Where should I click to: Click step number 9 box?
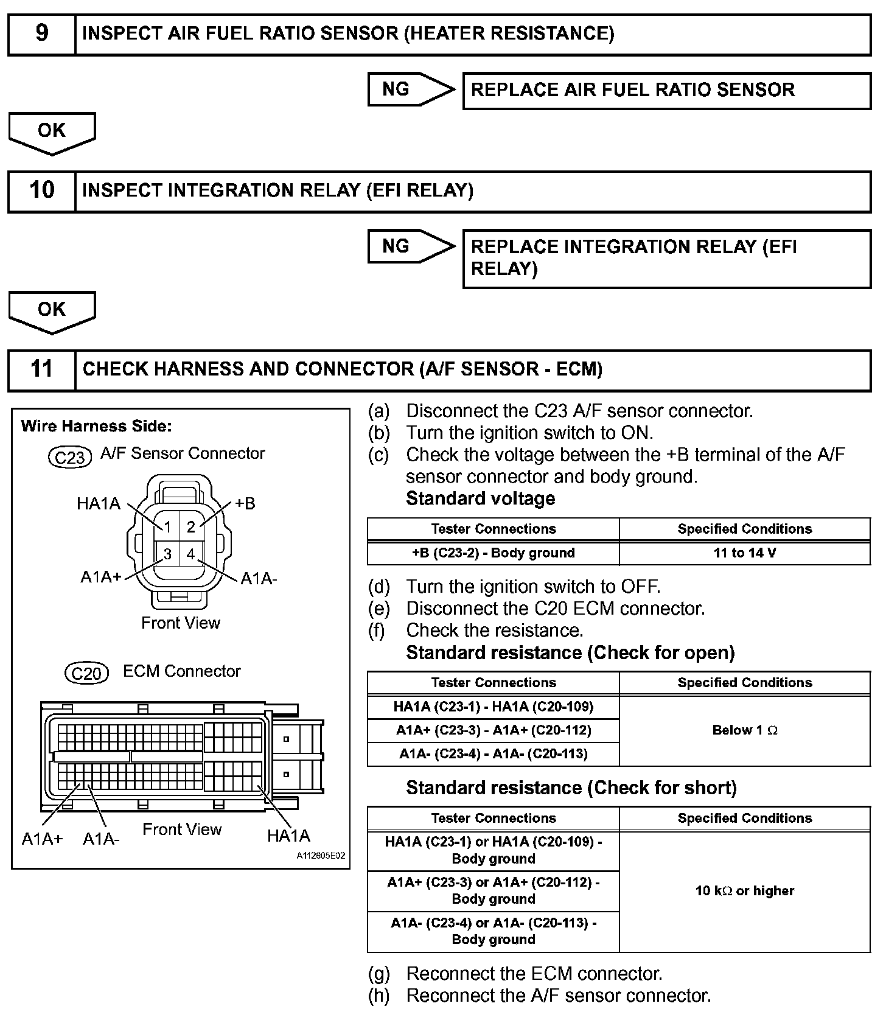click(x=41, y=34)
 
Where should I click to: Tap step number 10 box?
click(x=41, y=191)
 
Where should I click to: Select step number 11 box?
click(x=41, y=369)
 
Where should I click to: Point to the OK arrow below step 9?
click(x=52, y=132)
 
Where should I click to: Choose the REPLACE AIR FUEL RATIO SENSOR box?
click(x=666, y=91)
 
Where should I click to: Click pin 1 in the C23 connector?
click(x=167, y=528)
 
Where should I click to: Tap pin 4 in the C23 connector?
click(x=191, y=554)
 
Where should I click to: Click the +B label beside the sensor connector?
click(x=245, y=504)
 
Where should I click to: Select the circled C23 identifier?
click(x=69, y=456)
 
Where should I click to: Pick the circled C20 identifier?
click(x=86, y=674)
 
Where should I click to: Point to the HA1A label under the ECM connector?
click(x=288, y=836)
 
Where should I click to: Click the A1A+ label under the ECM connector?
click(x=42, y=839)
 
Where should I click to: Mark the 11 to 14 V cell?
click(x=745, y=553)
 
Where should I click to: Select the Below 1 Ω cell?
click(x=745, y=730)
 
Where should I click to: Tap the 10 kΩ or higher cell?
click(x=745, y=891)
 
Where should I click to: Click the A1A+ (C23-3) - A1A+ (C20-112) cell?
click(x=494, y=730)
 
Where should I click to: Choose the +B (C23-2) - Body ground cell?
click(x=494, y=553)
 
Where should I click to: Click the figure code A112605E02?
click(x=321, y=856)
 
